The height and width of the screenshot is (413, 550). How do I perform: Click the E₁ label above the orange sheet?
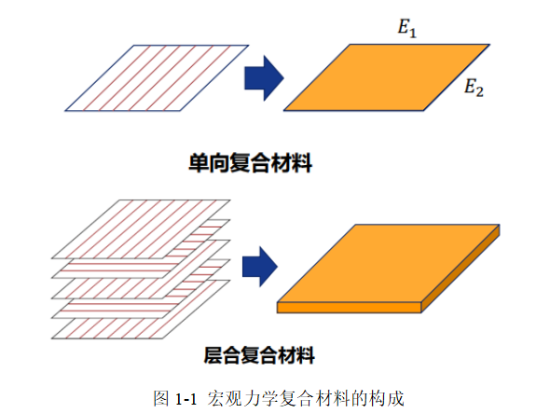click(x=406, y=28)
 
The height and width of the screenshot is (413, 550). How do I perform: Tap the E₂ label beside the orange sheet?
click(x=474, y=88)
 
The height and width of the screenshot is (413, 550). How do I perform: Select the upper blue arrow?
click(x=264, y=78)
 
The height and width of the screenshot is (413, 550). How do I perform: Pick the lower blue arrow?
click(x=260, y=267)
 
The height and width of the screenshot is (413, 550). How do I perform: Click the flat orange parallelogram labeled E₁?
click(x=387, y=77)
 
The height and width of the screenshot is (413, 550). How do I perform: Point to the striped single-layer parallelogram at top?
click(x=157, y=78)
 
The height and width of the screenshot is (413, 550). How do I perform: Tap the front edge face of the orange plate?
click(x=349, y=308)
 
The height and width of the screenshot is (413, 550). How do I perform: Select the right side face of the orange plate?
click(x=461, y=269)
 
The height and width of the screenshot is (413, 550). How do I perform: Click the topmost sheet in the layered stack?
click(x=141, y=229)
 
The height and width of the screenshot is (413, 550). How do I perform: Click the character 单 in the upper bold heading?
click(x=199, y=163)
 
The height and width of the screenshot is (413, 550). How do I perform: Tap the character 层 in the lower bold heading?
click(x=213, y=355)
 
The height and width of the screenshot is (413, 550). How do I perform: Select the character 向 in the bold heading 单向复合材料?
click(x=219, y=163)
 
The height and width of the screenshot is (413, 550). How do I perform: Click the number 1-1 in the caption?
click(x=186, y=399)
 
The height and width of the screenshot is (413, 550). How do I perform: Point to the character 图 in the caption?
click(x=161, y=399)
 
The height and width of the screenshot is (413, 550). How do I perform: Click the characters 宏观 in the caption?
click(x=225, y=399)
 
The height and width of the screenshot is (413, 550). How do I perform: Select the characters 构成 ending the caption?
click(x=387, y=399)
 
